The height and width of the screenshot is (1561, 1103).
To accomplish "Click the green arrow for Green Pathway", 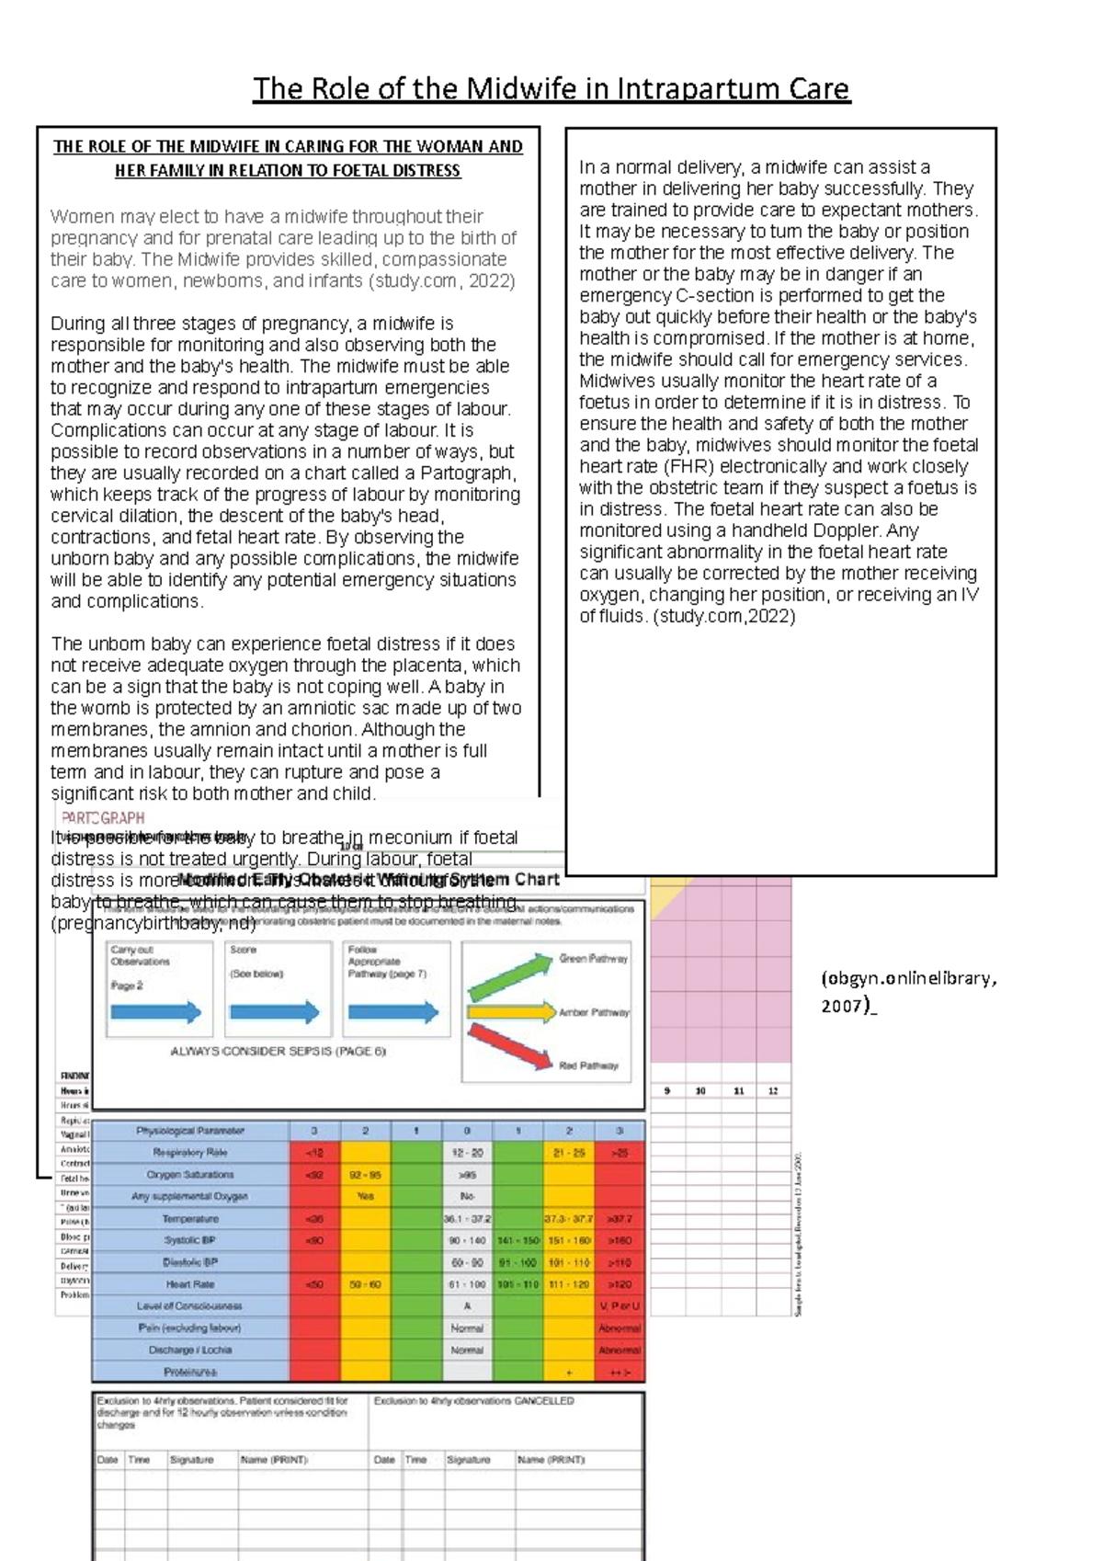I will [x=509, y=976].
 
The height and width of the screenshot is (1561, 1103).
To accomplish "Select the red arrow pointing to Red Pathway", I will [x=509, y=1046].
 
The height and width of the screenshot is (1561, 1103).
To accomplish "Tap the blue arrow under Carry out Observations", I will [x=155, y=1012].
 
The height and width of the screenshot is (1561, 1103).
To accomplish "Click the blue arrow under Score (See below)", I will [x=274, y=1012].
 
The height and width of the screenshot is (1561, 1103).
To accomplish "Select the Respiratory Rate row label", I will [x=190, y=1152].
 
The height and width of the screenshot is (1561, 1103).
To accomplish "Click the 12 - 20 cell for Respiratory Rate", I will [x=467, y=1152].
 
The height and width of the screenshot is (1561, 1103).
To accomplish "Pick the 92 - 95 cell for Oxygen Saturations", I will [x=365, y=1174].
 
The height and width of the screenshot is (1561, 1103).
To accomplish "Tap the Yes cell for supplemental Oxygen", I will [x=365, y=1196].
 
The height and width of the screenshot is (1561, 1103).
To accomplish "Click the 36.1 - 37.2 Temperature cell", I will [x=467, y=1219].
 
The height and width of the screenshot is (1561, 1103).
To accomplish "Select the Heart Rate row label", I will [x=190, y=1284].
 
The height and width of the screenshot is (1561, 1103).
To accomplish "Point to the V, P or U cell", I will [x=620, y=1305].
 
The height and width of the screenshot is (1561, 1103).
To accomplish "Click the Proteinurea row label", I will [x=190, y=1372].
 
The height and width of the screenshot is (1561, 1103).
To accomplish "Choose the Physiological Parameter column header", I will [x=190, y=1131].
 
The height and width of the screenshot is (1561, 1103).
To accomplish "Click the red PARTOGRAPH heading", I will [x=103, y=817].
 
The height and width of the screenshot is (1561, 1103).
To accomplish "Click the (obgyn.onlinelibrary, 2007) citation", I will [x=907, y=990].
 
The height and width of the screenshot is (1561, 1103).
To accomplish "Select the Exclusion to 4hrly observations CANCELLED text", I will [x=473, y=1401].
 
